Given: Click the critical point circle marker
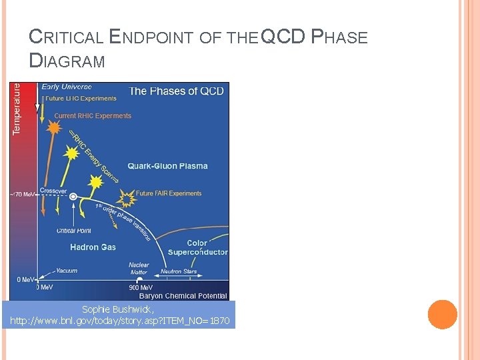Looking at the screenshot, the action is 73,197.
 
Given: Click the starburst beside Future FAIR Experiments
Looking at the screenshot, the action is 125,197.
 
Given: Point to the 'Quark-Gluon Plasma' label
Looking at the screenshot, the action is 167,166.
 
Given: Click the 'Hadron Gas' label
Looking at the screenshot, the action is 93,247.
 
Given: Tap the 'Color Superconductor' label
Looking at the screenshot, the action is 197,247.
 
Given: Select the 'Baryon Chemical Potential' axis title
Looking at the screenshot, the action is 183,295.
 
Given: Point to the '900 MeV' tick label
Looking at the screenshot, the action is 141,287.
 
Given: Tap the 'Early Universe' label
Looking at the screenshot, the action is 67,87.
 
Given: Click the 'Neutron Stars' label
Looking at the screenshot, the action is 180,272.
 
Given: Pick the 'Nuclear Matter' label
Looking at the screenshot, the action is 139,268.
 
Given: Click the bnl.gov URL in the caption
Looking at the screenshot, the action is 119,321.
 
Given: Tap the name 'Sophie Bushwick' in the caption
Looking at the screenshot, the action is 117,309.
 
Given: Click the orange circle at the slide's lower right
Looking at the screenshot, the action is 442,315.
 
